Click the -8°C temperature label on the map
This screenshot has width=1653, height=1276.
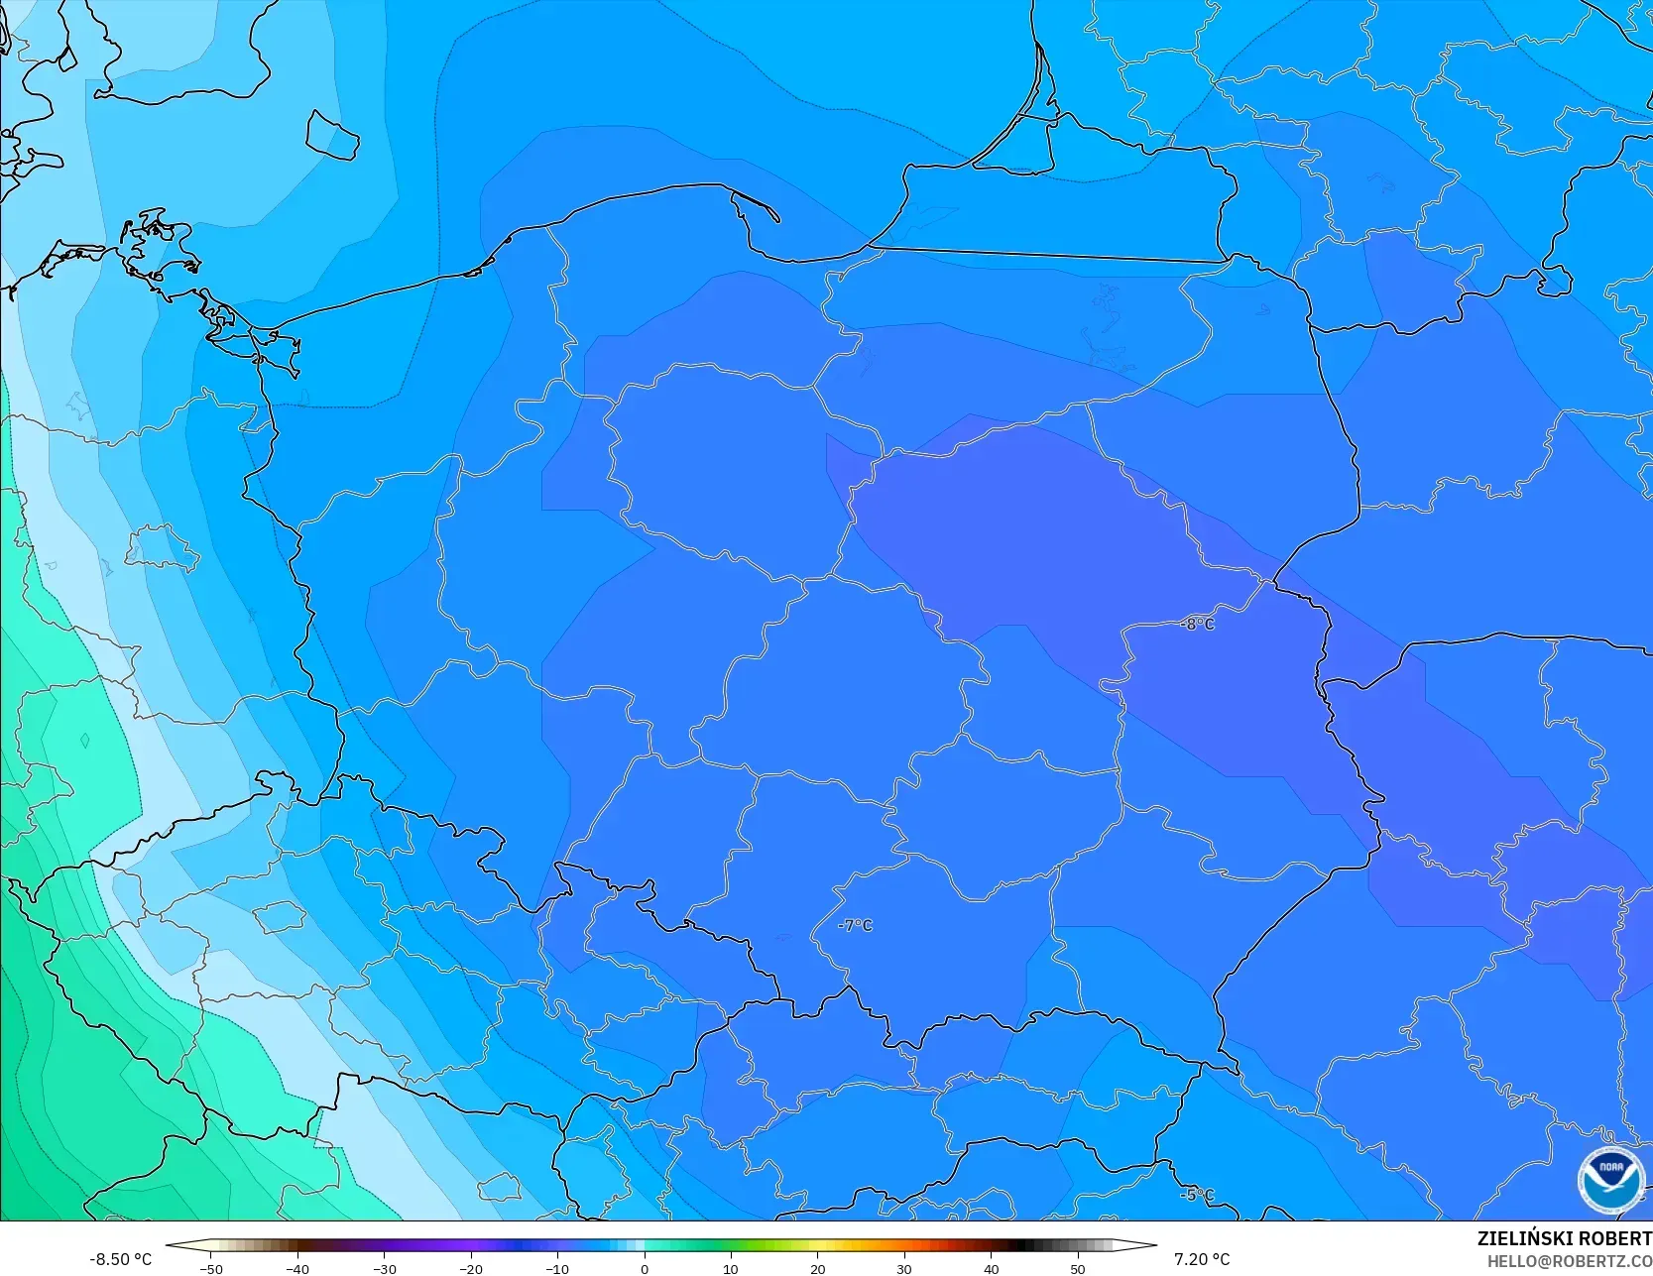point(1197,624)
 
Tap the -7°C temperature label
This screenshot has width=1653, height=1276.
point(855,925)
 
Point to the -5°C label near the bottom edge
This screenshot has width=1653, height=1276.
point(1197,1195)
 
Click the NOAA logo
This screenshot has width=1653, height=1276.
point(1610,1181)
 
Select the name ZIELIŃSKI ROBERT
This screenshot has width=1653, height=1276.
point(1564,1238)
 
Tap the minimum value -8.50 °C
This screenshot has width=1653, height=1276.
point(120,1259)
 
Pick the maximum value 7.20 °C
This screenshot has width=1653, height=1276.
point(1201,1259)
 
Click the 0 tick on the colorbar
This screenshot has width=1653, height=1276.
point(644,1268)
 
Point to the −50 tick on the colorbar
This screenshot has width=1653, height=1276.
point(210,1268)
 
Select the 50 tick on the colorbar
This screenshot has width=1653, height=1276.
point(1078,1268)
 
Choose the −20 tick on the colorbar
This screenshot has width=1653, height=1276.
point(470,1268)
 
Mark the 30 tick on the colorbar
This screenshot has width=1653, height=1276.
point(904,1268)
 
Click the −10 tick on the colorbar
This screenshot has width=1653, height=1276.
point(556,1268)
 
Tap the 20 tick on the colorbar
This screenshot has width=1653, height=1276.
point(817,1268)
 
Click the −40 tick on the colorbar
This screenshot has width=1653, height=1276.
point(296,1268)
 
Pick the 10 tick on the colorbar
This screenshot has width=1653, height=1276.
point(731,1268)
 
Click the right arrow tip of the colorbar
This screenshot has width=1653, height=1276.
point(1154,1245)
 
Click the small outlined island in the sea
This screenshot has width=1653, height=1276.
point(331,136)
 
